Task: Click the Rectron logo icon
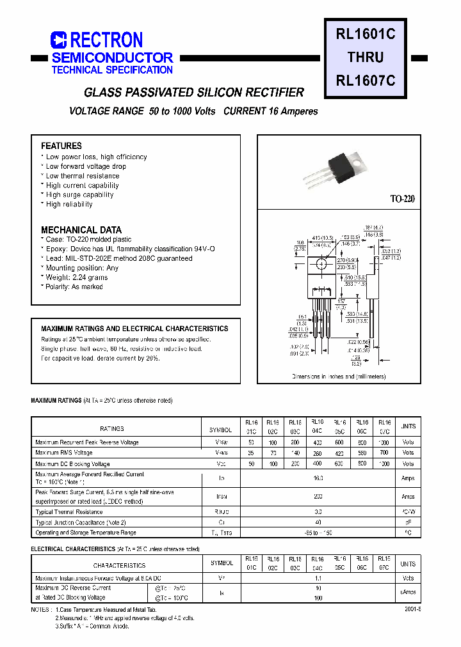tap(59, 40)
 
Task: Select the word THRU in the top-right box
tap(366, 58)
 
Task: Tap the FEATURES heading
tap(61, 146)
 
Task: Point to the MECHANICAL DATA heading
tap(81, 230)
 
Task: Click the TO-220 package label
tap(403, 199)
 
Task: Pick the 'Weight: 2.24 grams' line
tap(77, 277)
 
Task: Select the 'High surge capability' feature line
tap(79, 195)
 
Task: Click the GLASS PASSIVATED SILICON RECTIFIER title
tap(194, 92)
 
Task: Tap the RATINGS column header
tap(112, 428)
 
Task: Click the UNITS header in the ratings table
tap(407, 426)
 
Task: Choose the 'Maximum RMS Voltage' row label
tap(64, 453)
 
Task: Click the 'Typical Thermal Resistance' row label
tap(69, 512)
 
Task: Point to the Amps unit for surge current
tap(407, 497)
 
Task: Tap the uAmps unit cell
tap(407, 593)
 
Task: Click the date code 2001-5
tap(412, 611)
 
